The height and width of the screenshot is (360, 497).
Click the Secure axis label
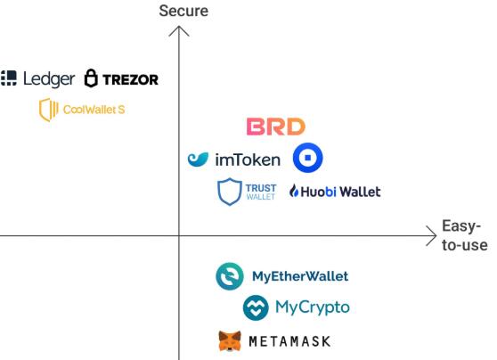pyautogui.click(x=183, y=11)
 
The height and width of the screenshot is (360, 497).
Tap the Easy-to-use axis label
pyautogui.click(x=465, y=235)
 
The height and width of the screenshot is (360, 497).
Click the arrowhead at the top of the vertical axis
pyautogui.click(x=179, y=31)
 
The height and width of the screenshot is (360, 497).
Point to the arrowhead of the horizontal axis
pyautogui.click(x=432, y=235)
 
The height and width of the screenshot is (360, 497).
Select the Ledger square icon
pyautogui.click(x=9, y=78)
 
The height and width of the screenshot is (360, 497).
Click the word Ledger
pyautogui.click(x=49, y=79)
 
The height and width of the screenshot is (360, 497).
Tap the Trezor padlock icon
pyautogui.click(x=91, y=78)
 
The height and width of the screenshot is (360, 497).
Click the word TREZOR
pyautogui.click(x=130, y=79)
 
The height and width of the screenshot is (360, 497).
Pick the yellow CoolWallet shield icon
pyautogui.click(x=48, y=110)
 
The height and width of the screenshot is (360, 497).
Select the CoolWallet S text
pyautogui.click(x=94, y=110)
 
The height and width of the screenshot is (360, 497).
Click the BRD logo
pyautogui.click(x=276, y=127)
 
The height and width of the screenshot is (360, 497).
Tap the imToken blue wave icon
pyautogui.click(x=198, y=160)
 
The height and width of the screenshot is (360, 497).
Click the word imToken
pyautogui.click(x=248, y=160)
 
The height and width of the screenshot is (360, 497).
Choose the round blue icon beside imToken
pyautogui.click(x=307, y=158)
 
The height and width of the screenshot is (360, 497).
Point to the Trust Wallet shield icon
pyautogui.click(x=230, y=192)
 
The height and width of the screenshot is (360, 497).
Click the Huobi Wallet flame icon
pyautogui.click(x=294, y=191)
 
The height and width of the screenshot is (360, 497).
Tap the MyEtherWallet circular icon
pyautogui.click(x=230, y=276)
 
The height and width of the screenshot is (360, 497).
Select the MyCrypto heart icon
pyautogui.click(x=256, y=307)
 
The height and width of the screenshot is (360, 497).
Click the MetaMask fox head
pyautogui.click(x=230, y=341)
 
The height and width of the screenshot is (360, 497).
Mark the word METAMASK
pyautogui.click(x=289, y=341)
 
